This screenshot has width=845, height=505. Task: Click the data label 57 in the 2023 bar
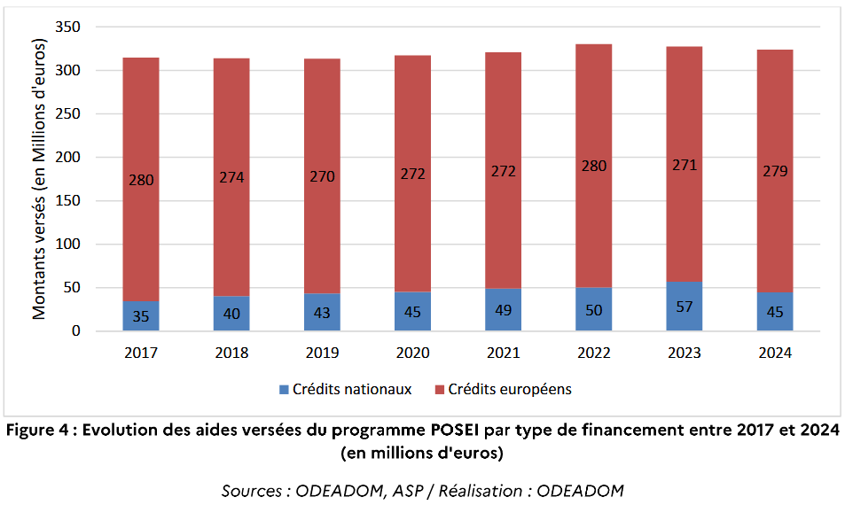(685, 307)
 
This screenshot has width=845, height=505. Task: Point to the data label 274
(232, 177)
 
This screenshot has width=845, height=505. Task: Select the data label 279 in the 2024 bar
(775, 171)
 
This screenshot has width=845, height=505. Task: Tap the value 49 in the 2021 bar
(504, 309)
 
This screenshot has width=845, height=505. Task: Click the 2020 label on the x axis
(413, 353)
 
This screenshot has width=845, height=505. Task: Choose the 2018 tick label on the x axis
(232, 353)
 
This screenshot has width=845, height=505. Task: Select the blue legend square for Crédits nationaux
(284, 389)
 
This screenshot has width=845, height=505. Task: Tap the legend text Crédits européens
(510, 389)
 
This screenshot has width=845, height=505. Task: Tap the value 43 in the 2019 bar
(323, 312)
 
